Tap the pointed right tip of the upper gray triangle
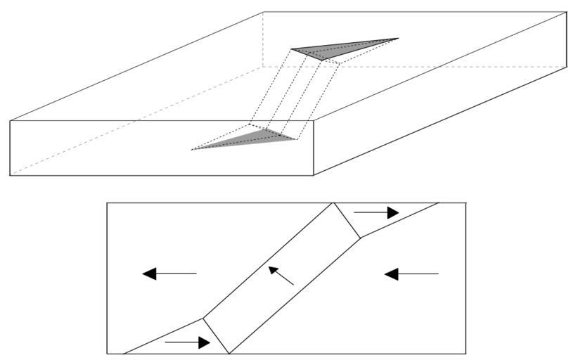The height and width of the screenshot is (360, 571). click(x=398, y=39)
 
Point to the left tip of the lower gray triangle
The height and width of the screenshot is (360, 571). click(x=192, y=148)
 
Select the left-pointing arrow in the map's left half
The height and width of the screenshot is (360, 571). click(x=169, y=273)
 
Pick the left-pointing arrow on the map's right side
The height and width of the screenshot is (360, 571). click(x=411, y=273)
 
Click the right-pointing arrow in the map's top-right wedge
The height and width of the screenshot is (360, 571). click(x=376, y=212)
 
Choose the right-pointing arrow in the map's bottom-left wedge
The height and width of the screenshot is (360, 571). click(x=187, y=343)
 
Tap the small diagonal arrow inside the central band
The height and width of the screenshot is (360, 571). click(x=281, y=276)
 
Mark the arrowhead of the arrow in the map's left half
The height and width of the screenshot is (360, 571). click(x=149, y=273)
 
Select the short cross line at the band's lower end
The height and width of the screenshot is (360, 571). click(x=217, y=335)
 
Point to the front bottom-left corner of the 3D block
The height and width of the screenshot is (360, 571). click(x=10, y=175)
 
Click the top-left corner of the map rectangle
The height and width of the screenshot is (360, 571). click(x=107, y=203)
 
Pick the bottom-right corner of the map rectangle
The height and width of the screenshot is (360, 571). click(x=466, y=354)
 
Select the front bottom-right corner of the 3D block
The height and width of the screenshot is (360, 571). click(x=314, y=175)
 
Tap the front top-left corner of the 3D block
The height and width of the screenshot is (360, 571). click(x=10, y=120)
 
